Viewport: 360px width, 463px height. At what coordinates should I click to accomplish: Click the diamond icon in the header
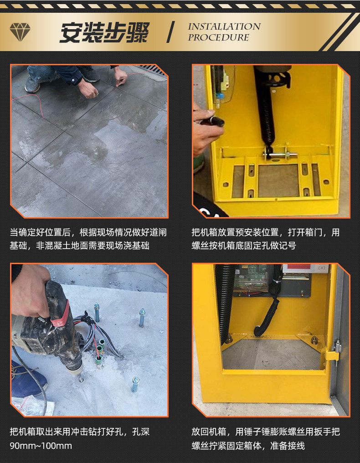click(x=20, y=32)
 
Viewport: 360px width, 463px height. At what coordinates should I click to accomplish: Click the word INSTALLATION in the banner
click(x=224, y=26)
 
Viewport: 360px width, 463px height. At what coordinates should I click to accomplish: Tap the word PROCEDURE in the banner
click(x=219, y=37)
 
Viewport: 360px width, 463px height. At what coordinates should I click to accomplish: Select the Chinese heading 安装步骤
click(x=104, y=32)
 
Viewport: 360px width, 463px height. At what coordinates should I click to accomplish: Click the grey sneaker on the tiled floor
click(x=32, y=84)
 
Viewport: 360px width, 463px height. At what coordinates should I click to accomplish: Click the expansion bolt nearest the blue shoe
click(x=135, y=385)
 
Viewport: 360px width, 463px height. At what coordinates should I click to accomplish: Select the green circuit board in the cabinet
click(x=251, y=278)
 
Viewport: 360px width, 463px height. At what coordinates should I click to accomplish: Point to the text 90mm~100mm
click(x=41, y=446)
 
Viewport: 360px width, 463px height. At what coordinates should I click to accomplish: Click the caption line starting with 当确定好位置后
click(x=88, y=232)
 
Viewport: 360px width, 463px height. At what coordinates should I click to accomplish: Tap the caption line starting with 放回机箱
click(x=266, y=432)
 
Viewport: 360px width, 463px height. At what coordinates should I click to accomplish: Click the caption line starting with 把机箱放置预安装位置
click(x=266, y=232)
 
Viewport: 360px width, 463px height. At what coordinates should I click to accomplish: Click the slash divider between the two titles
click(x=170, y=32)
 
